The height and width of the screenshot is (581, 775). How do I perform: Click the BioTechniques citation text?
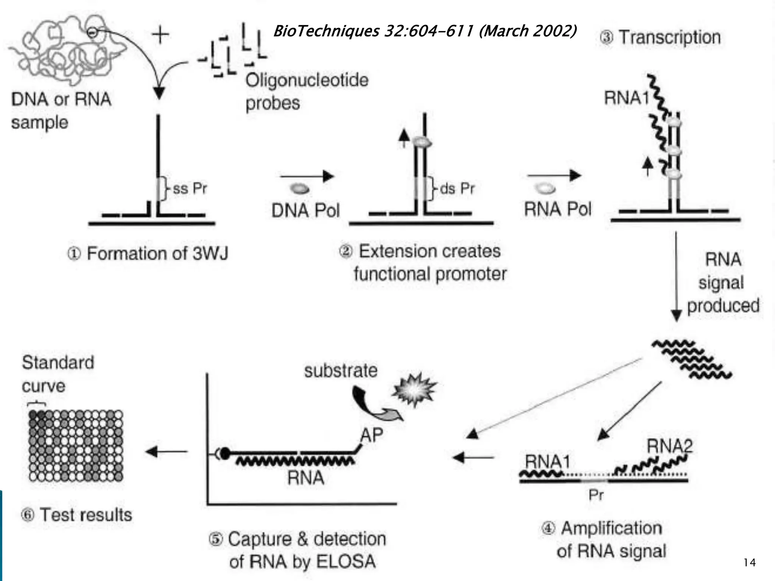pos(425,31)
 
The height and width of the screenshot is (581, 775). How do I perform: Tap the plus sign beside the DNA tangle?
pos(160,35)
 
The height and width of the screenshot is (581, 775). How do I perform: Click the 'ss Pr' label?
pos(190,188)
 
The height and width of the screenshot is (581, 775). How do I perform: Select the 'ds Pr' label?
pos(457,188)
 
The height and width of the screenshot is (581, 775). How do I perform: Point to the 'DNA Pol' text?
pos(306,210)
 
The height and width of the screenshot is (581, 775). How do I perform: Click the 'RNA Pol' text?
pos(557,209)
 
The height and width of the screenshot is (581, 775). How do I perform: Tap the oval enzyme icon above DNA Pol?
pos(300,188)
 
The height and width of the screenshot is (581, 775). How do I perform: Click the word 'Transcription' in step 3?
pos(670,37)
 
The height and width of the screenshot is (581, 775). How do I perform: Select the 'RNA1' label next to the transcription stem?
pos(626,98)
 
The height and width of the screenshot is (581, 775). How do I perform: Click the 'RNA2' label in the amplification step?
pos(669,446)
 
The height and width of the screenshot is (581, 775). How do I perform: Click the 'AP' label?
pos(372,435)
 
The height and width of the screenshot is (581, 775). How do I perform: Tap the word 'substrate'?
pos(341,371)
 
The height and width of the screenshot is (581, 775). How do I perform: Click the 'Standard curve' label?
pos(58,374)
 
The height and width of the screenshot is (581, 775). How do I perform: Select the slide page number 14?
pos(749,562)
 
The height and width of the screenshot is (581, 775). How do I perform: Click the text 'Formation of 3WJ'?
pos(157,253)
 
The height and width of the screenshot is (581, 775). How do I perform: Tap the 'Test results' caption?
pos(86,515)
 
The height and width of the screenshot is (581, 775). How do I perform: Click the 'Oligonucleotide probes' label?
pos(307,92)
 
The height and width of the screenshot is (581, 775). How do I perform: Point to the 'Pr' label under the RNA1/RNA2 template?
pos(596,495)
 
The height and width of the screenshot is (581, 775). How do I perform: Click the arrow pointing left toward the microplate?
pos(167,451)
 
